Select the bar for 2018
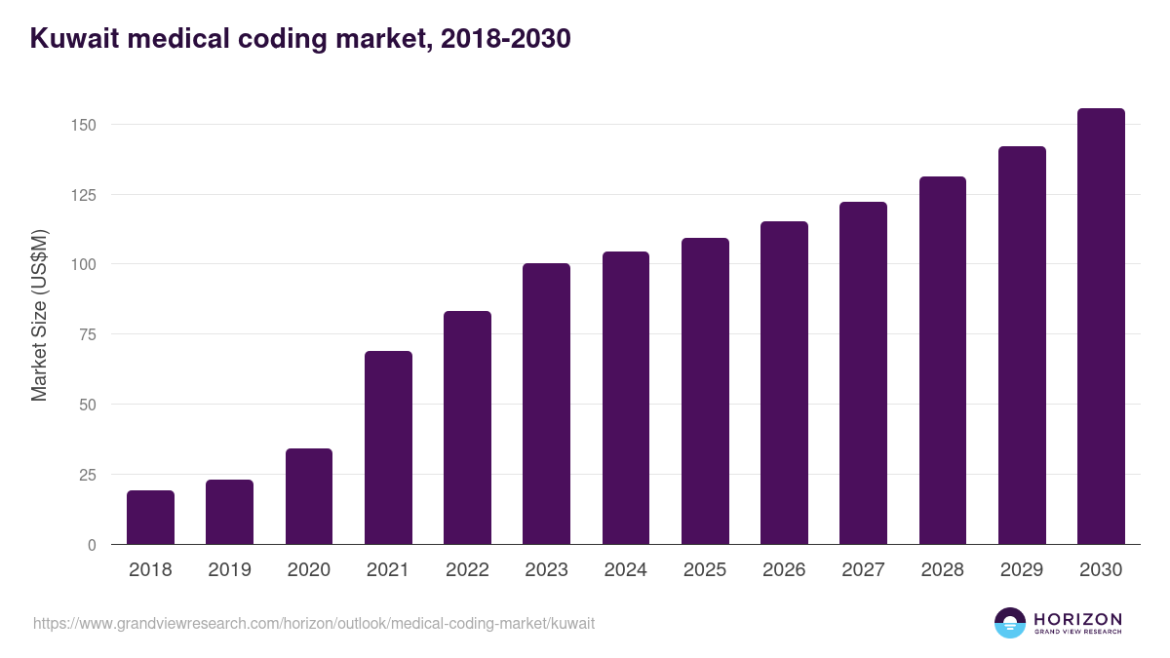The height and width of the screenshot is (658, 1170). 150,518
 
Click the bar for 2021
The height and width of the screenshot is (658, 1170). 388,447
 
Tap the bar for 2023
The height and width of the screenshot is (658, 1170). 546,404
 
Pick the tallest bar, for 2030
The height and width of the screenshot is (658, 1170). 1101,327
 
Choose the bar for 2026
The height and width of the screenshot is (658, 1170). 784,383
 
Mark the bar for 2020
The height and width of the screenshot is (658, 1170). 309,496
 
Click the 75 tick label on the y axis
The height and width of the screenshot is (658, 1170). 87,334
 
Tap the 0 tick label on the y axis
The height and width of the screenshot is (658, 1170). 92,545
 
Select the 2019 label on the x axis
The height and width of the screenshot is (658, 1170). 230,570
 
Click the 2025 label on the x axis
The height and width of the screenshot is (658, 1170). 705,570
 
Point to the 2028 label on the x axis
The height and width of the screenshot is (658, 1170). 943,570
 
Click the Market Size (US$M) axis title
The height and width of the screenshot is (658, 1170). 39,316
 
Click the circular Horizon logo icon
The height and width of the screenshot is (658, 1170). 1010,623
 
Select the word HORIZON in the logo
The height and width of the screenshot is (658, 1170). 1077,619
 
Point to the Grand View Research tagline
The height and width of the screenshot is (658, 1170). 1077,632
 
